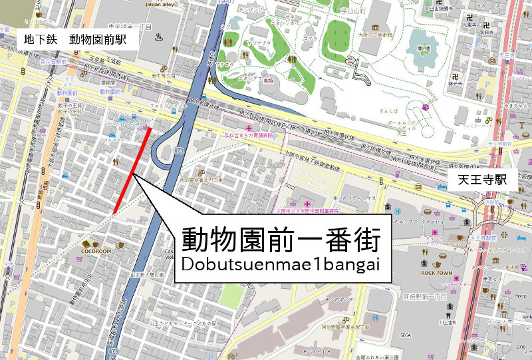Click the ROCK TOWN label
click(x=435, y=273)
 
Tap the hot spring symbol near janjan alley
click(x=159, y=38)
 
